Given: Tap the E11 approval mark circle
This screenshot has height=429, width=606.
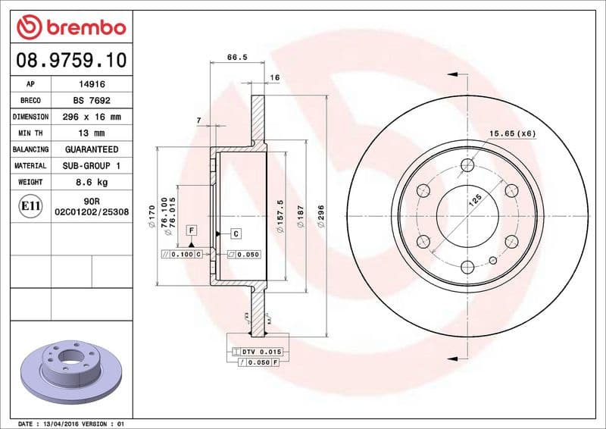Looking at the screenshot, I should point(30,205).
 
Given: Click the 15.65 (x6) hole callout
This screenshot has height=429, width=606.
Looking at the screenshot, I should point(512,133).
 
